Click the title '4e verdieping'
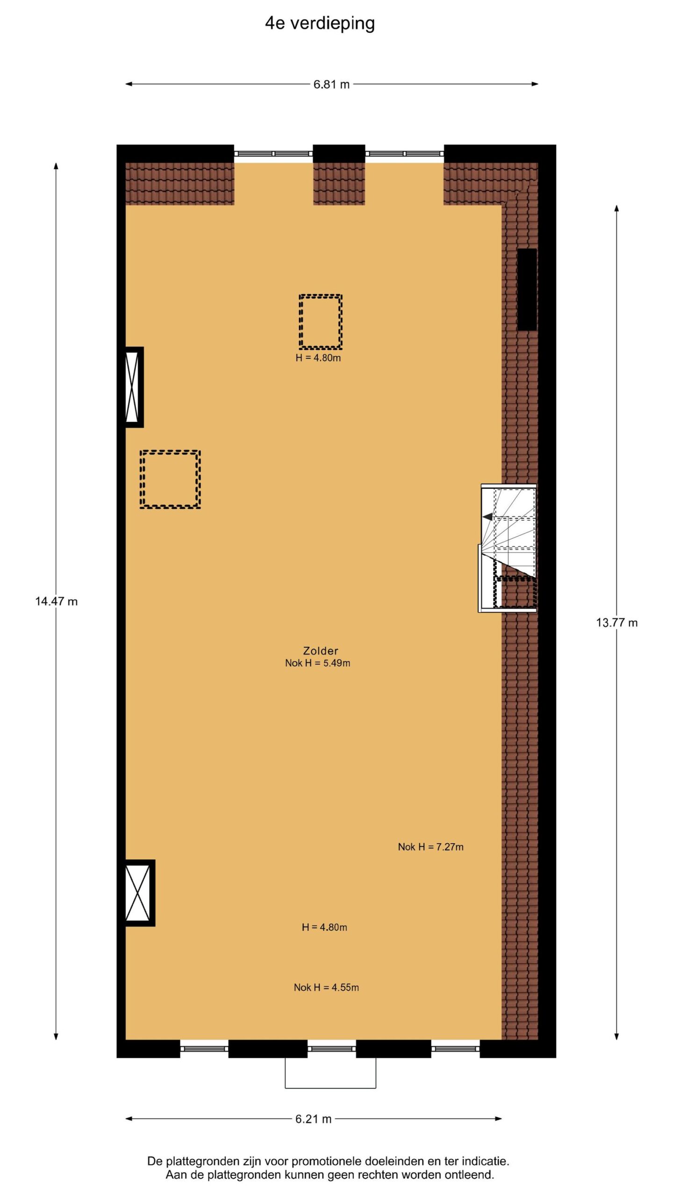[x=320, y=23]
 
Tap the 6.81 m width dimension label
[x=331, y=85]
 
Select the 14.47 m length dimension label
[x=56, y=601]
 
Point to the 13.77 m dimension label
[x=616, y=622]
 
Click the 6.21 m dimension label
[x=314, y=1119]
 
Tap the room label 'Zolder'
[x=321, y=650]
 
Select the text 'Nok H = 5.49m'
[x=318, y=663]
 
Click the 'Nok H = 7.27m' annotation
[x=430, y=847]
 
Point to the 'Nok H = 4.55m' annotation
[x=326, y=988]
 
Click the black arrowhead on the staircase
[x=487, y=517]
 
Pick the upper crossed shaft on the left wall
[x=133, y=387]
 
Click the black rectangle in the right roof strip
[x=527, y=289]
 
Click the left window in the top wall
[x=273, y=153]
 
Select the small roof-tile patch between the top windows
[x=339, y=184]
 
